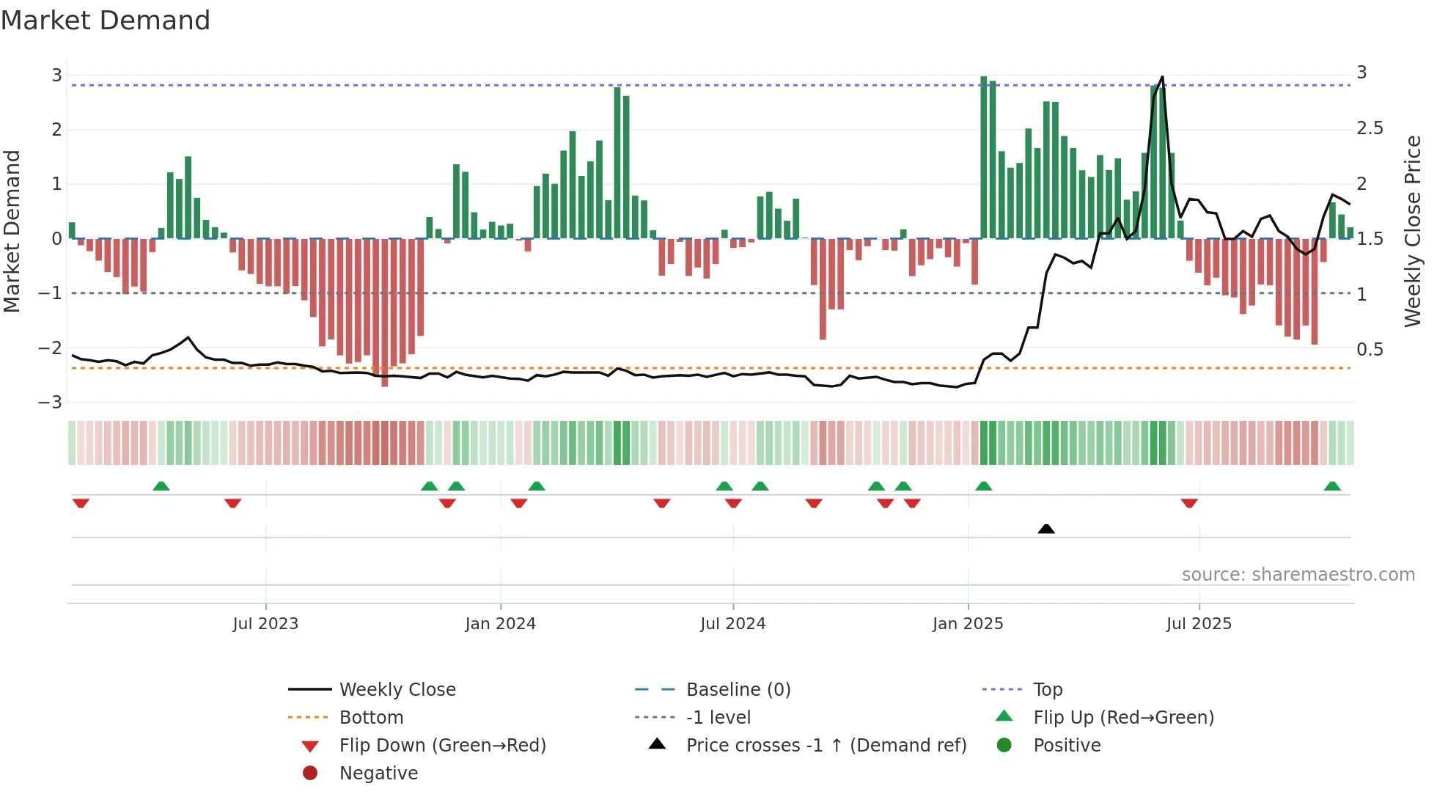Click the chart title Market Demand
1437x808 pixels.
click(x=106, y=21)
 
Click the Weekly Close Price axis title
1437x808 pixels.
click(x=1413, y=231)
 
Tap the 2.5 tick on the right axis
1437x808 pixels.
click(x=1370, y=128)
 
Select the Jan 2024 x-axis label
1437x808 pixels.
click(x=500, y=624)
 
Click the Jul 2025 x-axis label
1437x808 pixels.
click(x=1199, y=624)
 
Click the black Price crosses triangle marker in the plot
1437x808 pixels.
click(x=1046, y=529)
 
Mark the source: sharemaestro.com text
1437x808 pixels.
click(x=1298, y=575)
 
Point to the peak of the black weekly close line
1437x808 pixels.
click(x=1162, y=77)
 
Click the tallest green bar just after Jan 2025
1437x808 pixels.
click(x=984, y=158)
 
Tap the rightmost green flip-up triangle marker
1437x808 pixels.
click(x=1332, y=486)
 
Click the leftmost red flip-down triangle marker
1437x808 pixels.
click(x=81, y=503)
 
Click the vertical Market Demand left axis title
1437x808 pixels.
click(x=12, y=231)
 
